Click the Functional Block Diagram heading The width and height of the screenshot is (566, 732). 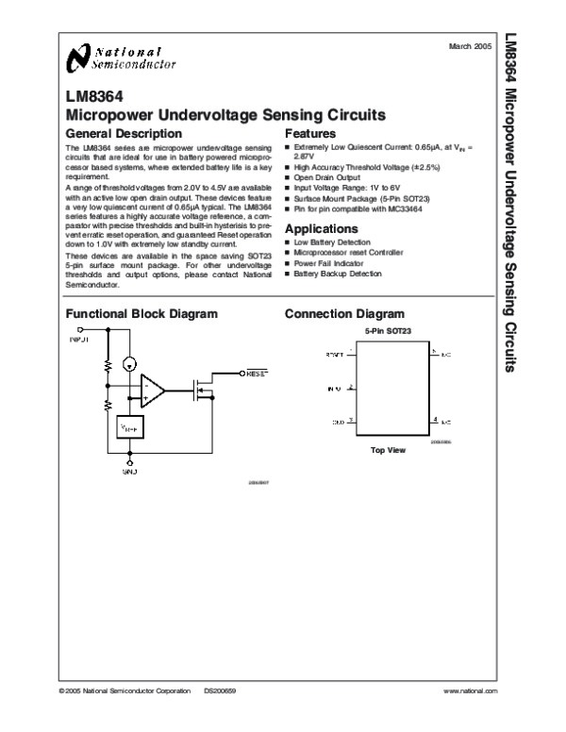(x=141, y=313)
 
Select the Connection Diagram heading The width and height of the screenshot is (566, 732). (x=344, y=313)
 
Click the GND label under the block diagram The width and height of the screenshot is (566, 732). (x=130, y=469)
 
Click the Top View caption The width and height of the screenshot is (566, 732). (x=387, y=450)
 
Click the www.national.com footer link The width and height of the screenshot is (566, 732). (x=469, y=691)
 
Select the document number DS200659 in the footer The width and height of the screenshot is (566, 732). (x=220, y=691)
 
